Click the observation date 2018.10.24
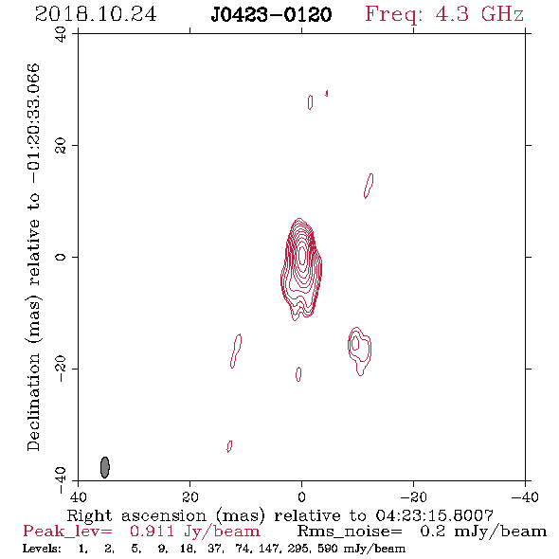(x=96, y=14)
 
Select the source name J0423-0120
(x=271, y=14)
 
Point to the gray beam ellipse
(x=104, y=467)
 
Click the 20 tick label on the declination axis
(x=61, y=146)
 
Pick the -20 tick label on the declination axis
(x=61, y=369)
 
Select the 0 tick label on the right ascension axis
(x=301, y=496)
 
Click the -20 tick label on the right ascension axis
(x=413, y=496)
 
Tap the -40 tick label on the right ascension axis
(x=525, y=496)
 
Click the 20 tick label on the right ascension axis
(x=190, y=496)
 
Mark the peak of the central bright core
(x=302, y=256)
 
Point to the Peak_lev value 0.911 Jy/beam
(x=194, y=532)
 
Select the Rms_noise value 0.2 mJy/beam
(x=483, y=532)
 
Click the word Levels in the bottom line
(x=42, y=548)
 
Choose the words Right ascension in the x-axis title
(x=136, y=515)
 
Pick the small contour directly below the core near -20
(x=298, y=374)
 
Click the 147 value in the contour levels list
(x=278, y=548)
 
